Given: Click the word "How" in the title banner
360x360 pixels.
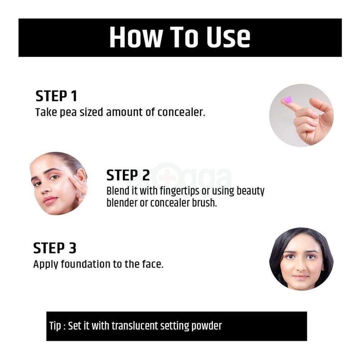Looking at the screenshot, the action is (135, 37).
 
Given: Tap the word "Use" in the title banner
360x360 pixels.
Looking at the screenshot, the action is (228, 37).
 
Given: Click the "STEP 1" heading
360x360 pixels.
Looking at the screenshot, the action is (56, 96).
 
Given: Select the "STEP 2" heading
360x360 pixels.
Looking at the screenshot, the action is (128, 175).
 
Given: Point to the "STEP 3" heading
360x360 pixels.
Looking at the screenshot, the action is (55, 248).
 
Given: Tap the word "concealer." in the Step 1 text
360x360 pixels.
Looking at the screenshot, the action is (181, 112).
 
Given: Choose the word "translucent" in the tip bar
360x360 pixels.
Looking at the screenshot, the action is (135, 326).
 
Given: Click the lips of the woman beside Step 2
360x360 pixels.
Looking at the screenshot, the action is (50, 200).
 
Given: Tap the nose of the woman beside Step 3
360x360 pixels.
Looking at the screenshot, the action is (300, 267).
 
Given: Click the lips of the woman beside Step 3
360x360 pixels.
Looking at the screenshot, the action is (300, 277).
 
